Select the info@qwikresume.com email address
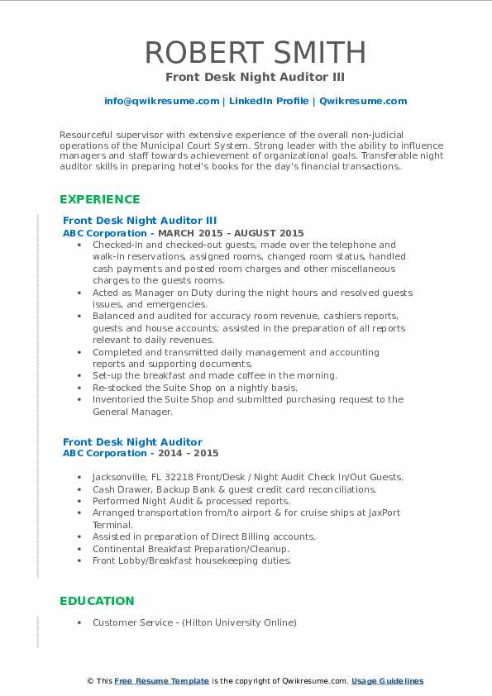pyautogui.click(x=161, y=101)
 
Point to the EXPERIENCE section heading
pyautogui.click(x=99, y=199)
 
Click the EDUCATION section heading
pyautogui.click(x=97, y=601)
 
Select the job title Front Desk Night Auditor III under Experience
pyautogui.click(x=140, y=221)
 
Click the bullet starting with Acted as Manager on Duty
pyautogui.click(x=252, y=293)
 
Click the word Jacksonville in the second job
pyautogui.click(x=123, y=477)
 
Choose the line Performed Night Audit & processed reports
pyautogui.click(x=191, y=501)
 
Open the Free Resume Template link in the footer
pyautogui.click(x=161, y=681)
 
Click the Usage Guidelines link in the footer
pyautogui.click(x=387, y=681)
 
